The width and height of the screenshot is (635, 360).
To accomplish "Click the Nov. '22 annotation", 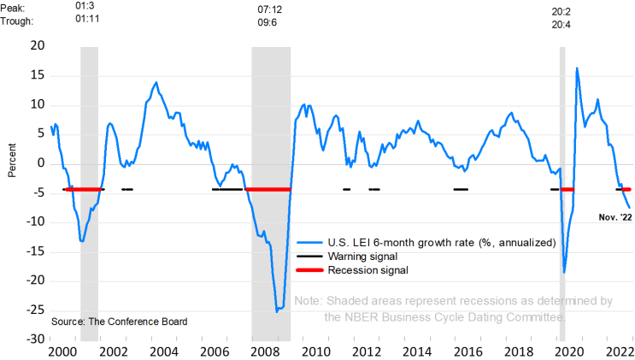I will tap(614, 217).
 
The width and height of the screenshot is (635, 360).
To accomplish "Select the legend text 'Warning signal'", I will tap(362, 257).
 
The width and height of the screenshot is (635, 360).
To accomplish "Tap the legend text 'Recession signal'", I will tap(367, 270).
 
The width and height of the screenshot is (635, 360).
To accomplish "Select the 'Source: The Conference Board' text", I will tap(119, 322).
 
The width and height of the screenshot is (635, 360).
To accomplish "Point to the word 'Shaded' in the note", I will tap(352, 301).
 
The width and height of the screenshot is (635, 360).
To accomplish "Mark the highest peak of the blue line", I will tap(578, 68).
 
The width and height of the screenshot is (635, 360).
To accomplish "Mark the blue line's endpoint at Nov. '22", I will tap(630, 208).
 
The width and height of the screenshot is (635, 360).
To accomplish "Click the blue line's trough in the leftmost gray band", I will tap(82, 241).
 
